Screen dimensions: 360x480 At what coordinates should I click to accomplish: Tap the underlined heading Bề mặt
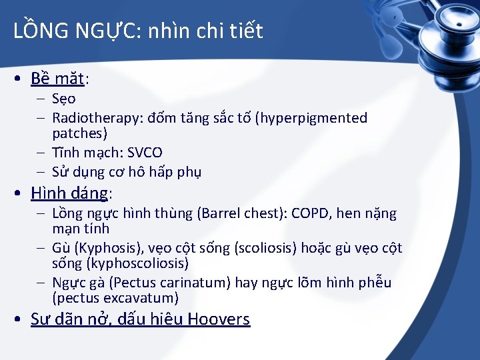coord(58,79)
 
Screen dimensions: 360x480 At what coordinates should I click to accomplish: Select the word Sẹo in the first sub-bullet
coord(64,99)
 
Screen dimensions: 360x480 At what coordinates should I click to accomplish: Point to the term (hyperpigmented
coord(313,118)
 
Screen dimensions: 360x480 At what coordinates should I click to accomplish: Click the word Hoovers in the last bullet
coord(219,319)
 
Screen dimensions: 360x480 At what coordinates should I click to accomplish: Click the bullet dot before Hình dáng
coord(21,194)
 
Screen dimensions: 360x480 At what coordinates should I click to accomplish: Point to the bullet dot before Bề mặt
coord(21,79)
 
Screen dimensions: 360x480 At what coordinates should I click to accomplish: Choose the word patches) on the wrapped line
coord(79,133)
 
